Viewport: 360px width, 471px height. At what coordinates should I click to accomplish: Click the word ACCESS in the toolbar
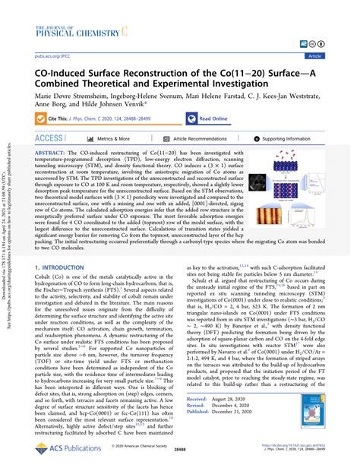49,139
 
